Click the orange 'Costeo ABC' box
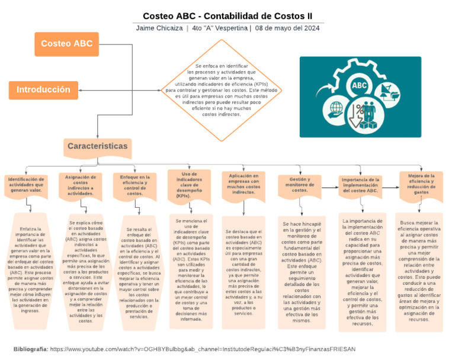click(x=66, y=43)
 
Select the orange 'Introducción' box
click(x=43, y=90)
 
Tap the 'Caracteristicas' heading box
click(x=97, y=146)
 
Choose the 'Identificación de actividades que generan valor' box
click(x=25, y=184)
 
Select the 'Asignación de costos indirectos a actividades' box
click(x=81, y=185)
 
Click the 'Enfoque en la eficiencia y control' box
click(x=135, y=185)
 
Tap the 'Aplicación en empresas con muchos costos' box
click(x=243, y=184)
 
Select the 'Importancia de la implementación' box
click(x=360, y=185)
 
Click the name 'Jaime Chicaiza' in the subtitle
click(x=159, y=28)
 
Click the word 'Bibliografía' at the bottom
click(x=30, y=349)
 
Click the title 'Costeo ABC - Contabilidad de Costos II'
click(x=227, y=15)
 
